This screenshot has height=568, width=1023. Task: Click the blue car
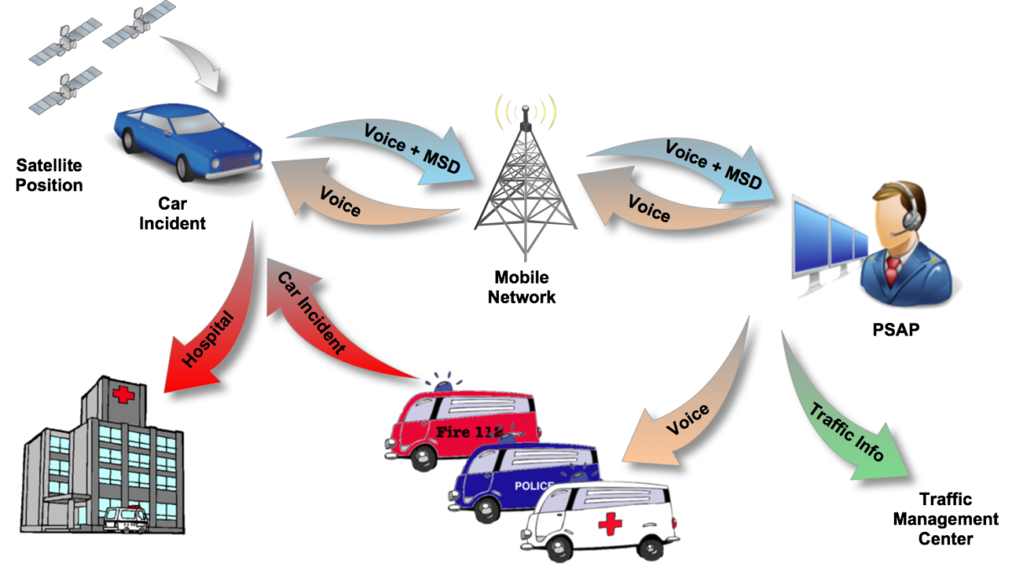[189, 139]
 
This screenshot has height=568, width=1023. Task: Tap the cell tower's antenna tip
[526, 109]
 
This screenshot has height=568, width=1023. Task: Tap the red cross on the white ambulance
[610, 524]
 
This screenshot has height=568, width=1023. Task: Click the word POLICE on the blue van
[533, 486]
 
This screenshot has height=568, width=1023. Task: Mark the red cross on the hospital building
[123, 395]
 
